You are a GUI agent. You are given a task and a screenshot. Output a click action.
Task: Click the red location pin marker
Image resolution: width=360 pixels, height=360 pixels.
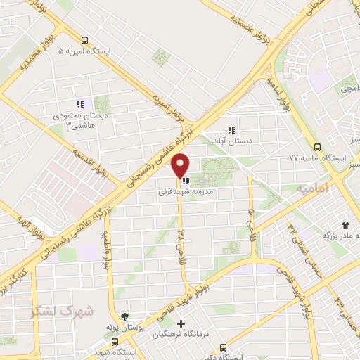[180, 166]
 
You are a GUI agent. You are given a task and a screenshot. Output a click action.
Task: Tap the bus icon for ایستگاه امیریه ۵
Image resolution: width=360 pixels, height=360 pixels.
[84, 40]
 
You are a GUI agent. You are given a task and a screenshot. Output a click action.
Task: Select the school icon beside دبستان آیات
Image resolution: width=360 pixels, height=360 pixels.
[231, 130]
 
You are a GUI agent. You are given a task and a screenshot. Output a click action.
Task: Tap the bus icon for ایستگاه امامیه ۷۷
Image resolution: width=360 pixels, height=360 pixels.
[317, 148]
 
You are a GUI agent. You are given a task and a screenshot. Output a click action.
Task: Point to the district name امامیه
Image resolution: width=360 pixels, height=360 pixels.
[312, 188]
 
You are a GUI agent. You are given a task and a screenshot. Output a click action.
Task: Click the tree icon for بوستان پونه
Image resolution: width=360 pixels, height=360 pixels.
[124, 317]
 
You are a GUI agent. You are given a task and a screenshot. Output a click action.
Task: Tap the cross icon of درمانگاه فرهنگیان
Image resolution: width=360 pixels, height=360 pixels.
[181, 324]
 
